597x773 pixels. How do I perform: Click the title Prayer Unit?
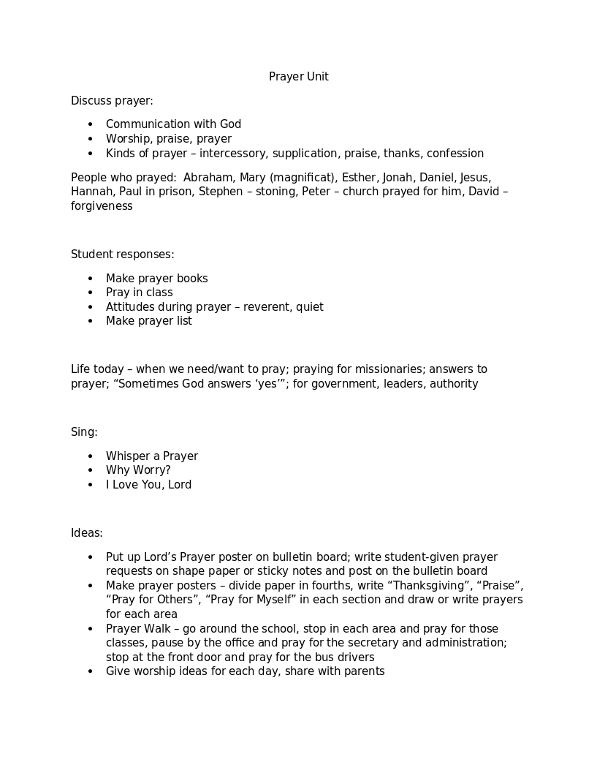click(x=298, y=77)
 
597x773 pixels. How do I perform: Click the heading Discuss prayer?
click(x=112, y=101)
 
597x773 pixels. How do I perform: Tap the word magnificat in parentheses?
click(x=305, y=178)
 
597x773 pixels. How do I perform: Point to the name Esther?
click(x=359, y=178)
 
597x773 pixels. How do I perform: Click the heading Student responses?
click(x=122, y=254)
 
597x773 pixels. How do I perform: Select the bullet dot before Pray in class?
click(x=91, y=293)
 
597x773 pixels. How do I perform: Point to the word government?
click(x=343, y=384)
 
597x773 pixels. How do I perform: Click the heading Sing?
click(x=84, y=432)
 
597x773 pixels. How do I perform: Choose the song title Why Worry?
click(x=138, y=470)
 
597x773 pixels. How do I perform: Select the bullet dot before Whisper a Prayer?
click(x=91, y=456)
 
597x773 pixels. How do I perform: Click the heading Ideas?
click(x=86, y=533)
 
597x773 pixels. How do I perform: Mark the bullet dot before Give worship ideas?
click(x=91, y=671)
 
